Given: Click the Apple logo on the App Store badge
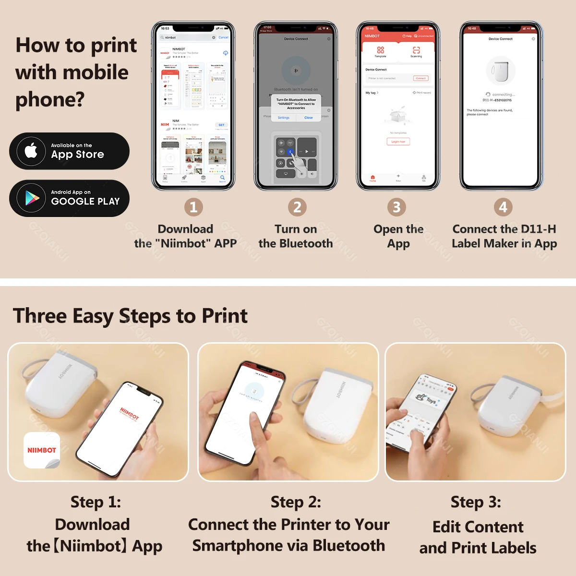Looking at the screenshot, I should click(x=31, y=151).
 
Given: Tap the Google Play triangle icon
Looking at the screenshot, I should click(x=32, y=198).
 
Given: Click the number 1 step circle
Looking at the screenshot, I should click(x=193, y=207).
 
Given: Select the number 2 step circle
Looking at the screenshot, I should click(x=297, y=207).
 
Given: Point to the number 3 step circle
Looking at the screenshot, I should click(x=396, y=207).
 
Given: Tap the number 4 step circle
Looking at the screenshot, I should click(x=503, y=207).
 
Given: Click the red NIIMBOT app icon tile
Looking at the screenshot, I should click(x=42, y=450).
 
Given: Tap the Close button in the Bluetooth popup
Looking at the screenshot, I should click(x=308, y=118).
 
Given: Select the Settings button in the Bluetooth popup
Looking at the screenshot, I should click(x=284, y=118).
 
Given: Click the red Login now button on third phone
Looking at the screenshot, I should click(x=398, y=142).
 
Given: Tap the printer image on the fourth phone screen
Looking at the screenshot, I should click(x=501, y=71).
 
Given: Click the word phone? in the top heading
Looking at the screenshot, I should click(x=50, y=99).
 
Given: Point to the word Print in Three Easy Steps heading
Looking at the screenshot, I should click(x=224, y=316).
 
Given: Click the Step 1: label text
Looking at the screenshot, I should click(x=96, y=502).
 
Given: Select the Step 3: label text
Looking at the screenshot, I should click(x=476, y=502).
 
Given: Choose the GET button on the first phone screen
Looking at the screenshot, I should click(x=221, y=125).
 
